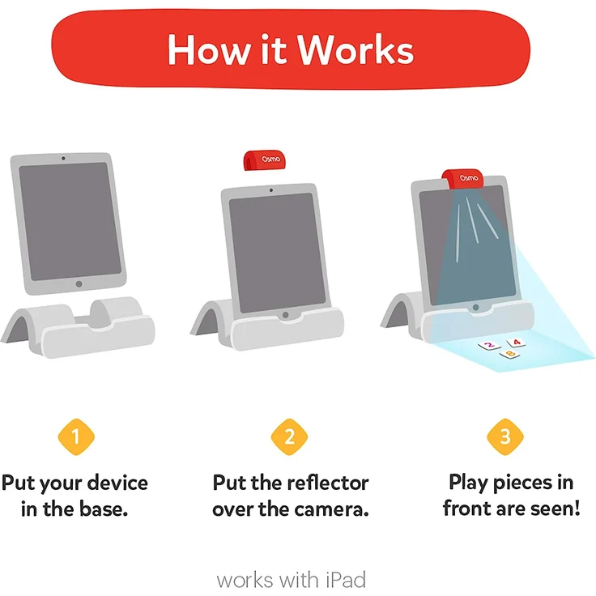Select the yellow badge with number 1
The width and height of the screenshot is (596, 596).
(76, 437)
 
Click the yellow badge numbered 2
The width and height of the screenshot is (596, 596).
(290, 437)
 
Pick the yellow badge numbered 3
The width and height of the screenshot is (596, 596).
(505, 437)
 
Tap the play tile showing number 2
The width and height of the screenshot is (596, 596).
(488, 346)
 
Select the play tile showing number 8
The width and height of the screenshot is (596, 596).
(509, 353)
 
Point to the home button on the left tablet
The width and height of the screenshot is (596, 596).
(79, 284)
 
